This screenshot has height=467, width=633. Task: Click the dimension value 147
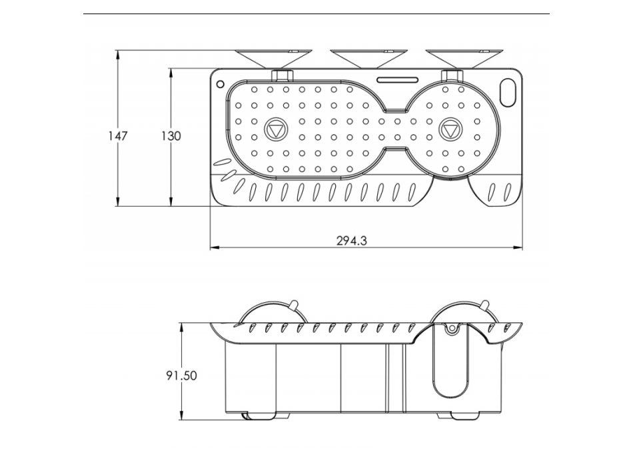coord(117,135)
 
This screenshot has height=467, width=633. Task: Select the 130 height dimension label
coord(171,135)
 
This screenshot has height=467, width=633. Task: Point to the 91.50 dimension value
coord(181,376)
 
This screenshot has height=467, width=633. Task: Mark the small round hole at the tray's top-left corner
coord(219,84)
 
